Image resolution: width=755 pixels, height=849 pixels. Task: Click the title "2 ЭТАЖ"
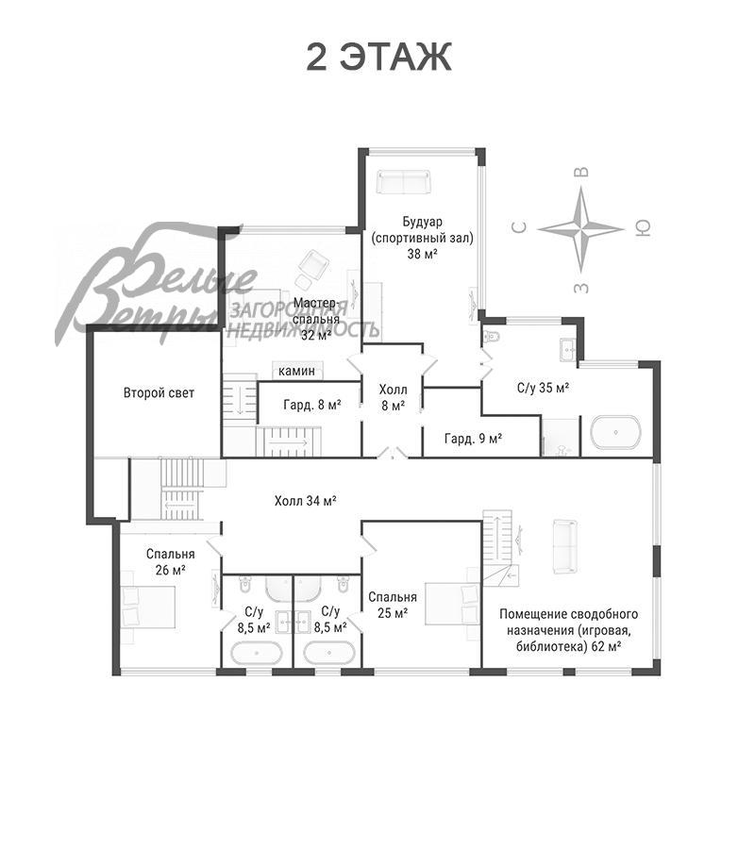378,57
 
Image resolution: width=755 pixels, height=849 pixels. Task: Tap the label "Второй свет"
159,392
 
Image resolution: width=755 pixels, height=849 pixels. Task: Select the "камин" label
296,371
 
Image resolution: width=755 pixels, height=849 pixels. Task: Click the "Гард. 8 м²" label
312,404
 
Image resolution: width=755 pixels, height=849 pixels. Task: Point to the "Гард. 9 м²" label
473,438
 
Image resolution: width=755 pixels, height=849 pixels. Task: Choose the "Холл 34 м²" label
306,501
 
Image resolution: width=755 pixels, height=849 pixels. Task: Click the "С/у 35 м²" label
543,388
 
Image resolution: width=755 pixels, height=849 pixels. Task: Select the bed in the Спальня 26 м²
148,607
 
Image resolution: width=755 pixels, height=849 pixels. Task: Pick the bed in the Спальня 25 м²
453,603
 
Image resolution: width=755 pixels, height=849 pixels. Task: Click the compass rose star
581,229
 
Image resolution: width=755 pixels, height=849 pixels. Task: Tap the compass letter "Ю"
643,229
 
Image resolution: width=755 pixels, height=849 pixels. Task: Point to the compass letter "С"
519,228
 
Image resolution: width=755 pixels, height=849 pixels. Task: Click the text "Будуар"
422,222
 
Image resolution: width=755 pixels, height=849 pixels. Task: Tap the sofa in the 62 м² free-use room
565,546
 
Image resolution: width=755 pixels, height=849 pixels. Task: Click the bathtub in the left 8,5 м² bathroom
257,653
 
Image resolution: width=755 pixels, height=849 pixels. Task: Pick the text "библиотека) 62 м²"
568,646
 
